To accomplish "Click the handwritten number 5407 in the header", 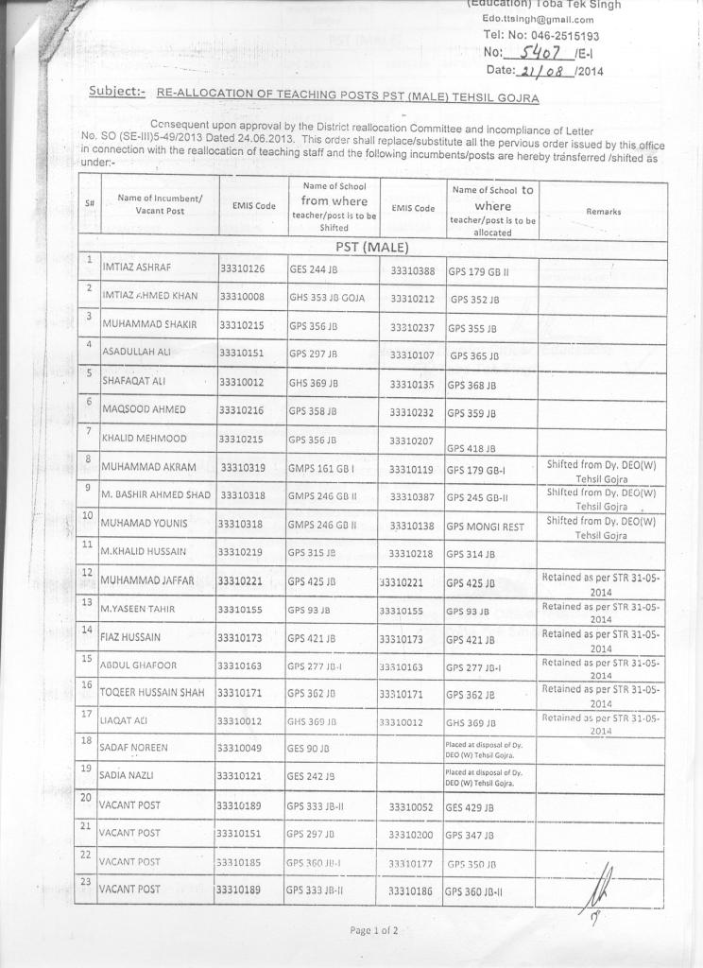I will (x=529, y=53).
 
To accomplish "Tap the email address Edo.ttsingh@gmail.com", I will (x=538, y=19).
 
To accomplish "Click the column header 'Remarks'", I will (x=603, y=212).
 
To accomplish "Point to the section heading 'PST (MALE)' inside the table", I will (x=371, y=247).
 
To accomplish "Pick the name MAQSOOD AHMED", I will (x=144, y=410).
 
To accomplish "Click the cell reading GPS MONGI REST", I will (x=488, y=524).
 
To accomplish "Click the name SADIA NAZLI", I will (x=130, y=775).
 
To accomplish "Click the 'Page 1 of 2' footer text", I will (x=373, y=930).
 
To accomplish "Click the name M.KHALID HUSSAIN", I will (x=142, y=551).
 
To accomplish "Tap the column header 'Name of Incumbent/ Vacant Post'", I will (x=158, y=204).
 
